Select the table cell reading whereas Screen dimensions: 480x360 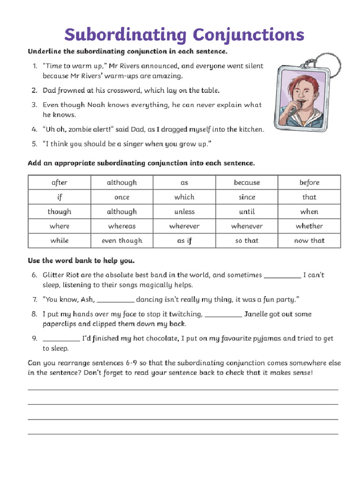pos(122,226)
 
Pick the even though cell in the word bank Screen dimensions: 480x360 pos(122,240)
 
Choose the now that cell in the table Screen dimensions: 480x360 pos(309,240)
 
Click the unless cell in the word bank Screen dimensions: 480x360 pos(184,211)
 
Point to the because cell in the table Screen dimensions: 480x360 pos(247,182)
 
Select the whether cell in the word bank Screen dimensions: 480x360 pos(309,226)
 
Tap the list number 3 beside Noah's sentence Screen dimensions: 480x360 pos(34,105)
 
